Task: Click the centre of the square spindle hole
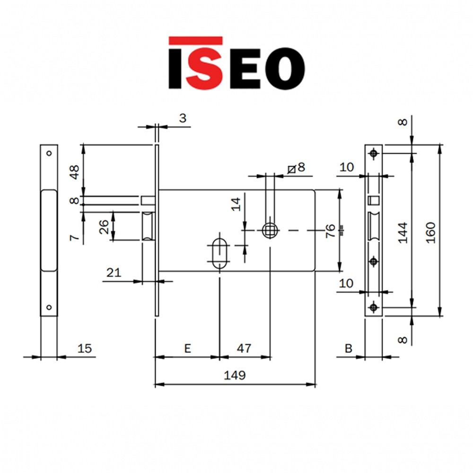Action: point(270,230)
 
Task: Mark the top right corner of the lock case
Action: point(315,190)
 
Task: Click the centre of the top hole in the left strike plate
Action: point(49,153)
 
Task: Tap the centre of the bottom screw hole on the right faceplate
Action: point(374,307)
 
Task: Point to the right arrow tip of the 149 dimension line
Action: point(315,385)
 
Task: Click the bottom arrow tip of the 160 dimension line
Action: point(440,316)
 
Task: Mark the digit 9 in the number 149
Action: point(242,375)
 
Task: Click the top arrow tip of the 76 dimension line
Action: point(340,190)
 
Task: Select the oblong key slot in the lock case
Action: point(219,254)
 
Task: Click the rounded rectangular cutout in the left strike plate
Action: point(49,230)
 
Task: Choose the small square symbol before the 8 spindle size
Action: point(291,169)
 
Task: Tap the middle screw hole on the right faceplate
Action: point(374,261)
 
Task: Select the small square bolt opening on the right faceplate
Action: point(374,200)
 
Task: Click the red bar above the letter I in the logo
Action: point(195,41)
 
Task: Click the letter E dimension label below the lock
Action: point(188,349)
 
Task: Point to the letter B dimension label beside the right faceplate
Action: point(349,349)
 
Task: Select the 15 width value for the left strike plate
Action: point(85,349)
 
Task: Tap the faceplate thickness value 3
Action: point(183,118)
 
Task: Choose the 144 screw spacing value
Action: point(403,233)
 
